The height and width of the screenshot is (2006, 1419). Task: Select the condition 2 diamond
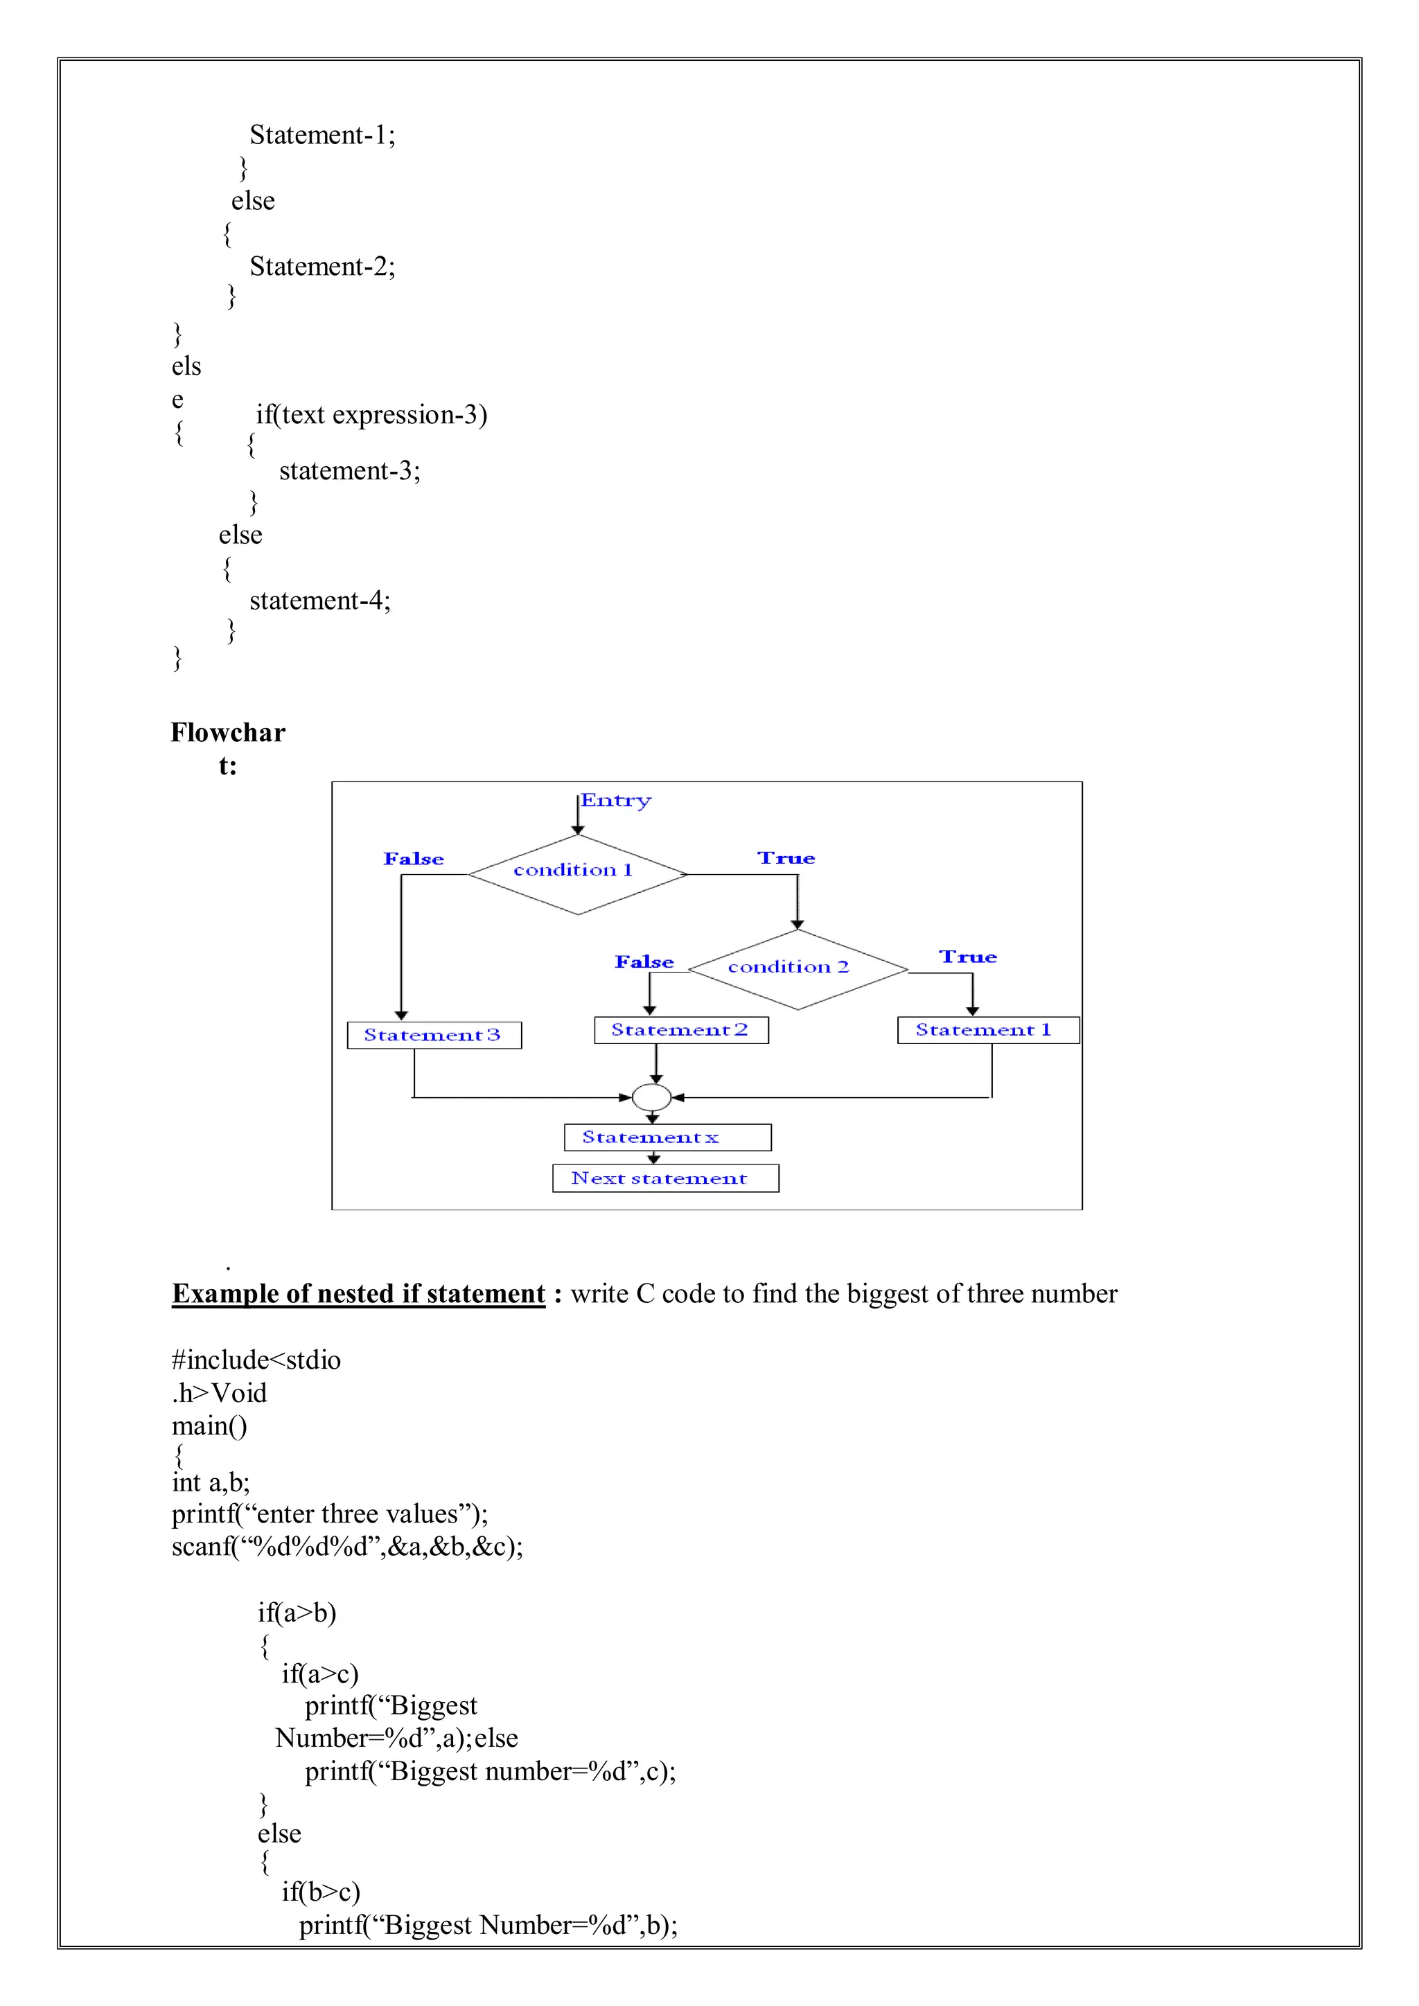797,969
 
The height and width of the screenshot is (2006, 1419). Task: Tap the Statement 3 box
434,1036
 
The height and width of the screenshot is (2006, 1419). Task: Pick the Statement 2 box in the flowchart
680,1030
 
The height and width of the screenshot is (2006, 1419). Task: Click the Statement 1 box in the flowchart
987,1030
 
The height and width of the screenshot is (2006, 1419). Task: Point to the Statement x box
667,1137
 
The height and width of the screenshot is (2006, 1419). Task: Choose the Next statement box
665,1179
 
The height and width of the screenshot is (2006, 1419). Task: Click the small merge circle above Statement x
651,1097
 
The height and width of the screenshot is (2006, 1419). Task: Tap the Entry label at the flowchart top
616,800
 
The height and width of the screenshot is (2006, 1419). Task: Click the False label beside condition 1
413,859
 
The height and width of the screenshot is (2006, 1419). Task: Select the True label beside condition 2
967,957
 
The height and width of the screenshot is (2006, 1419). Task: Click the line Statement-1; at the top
322,136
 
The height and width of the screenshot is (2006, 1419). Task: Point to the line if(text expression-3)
371,415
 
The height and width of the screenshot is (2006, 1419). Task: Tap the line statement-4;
320,601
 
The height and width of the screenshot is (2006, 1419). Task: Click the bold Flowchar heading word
228,733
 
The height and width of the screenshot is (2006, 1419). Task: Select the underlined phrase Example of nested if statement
358,1294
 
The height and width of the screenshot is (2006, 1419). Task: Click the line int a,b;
211,1482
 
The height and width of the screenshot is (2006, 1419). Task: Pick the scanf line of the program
347,1547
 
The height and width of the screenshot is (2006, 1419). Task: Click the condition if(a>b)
297,1613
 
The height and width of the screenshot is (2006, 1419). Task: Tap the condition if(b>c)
321,1892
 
